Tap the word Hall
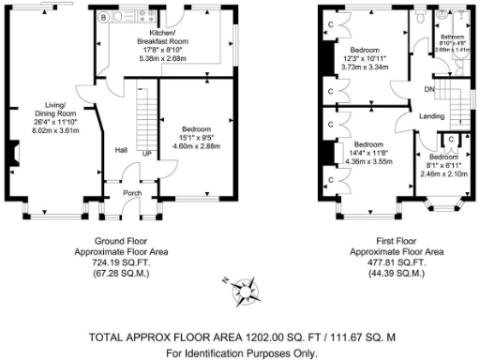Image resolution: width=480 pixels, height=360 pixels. pos(121,150)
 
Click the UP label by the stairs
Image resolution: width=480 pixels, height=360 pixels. pos(145,154)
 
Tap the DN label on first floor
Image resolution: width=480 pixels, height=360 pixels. pos(429,90)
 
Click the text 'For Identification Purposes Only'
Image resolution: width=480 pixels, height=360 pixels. pos(241,353)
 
